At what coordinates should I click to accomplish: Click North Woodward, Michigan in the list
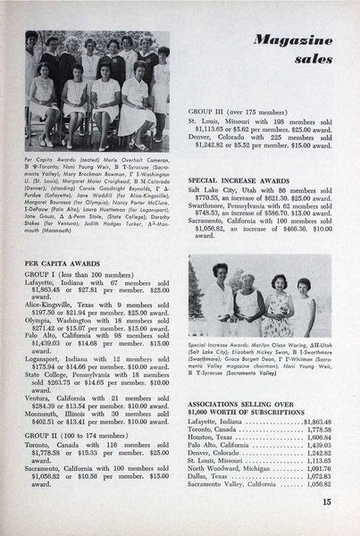point(239,469)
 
